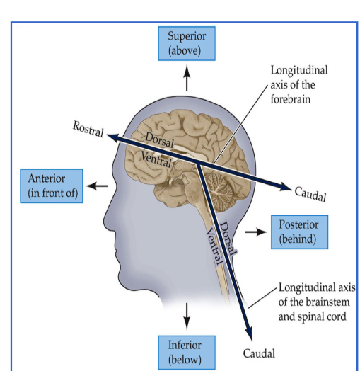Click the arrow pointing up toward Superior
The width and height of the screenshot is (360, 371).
click(187, 76)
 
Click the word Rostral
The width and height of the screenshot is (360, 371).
click(88, 129)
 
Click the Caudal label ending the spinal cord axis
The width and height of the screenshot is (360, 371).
click(258, 353)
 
